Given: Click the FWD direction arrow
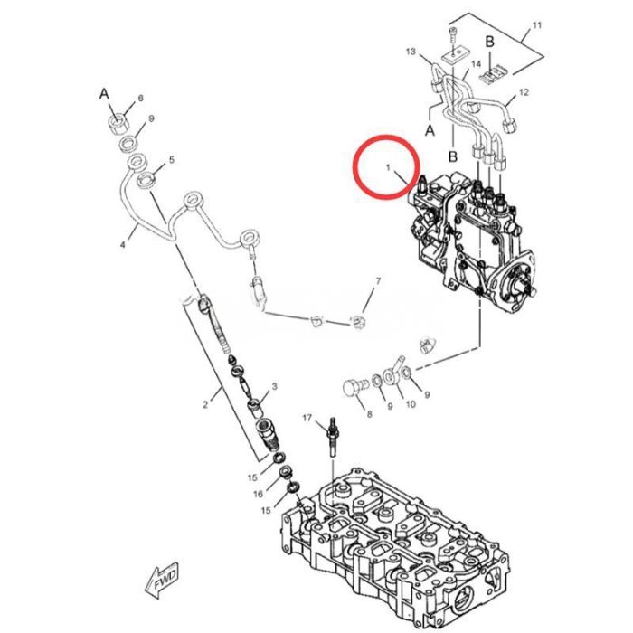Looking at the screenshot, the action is click(162, 581).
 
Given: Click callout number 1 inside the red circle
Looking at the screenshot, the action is click(388, 166).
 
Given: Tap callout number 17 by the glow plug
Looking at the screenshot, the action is click(307, 418).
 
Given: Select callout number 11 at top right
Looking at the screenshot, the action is click(536, 25).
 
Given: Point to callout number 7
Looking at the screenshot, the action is click(378, 280).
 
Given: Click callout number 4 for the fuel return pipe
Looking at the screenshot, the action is click(123, 244).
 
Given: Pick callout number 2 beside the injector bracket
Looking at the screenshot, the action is click(205, 404).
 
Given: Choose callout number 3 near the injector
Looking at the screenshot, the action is click(275, 386).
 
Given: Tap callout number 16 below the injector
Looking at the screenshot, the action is click(258, 494).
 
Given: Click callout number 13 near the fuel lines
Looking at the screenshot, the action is click(411, 52).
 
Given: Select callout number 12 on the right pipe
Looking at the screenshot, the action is click(524, 92).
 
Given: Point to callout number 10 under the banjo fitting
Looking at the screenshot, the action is click(411, 404).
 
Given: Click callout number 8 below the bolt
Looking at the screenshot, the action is click(369, 413).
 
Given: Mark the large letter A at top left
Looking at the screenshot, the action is click(104, 94).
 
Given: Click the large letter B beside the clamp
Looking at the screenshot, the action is click(489, 42).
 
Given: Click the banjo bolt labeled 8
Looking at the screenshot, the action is click(354, 388).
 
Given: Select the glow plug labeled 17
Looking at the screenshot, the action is click(333, 438).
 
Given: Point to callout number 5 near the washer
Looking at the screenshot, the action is click(172, 160).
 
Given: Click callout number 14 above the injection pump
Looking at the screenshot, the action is click(476, 64).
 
